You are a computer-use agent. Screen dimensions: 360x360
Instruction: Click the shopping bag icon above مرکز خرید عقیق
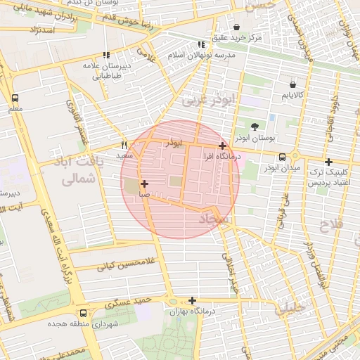pyautogui.click(x=244, y=27)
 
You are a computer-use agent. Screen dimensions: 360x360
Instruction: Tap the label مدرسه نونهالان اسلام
pyautogui.click(x=204, y=54)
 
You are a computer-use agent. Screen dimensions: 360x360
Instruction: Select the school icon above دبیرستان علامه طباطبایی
pyautogui.click(x=106, y=55)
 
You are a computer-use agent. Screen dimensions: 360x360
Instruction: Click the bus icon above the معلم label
pyautogui.click(x=15, y=99)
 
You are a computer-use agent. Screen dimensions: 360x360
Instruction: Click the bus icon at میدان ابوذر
pyautogui.click(x=281, y=157)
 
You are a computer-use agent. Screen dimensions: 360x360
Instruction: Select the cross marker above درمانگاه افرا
pyautogui.click(x=223, y=146)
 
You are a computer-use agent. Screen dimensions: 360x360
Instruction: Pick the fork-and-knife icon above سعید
pyautogui.click(x=124, y=144)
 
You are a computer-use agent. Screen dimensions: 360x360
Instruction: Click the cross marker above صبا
pyautogui.click(x=144, y=183)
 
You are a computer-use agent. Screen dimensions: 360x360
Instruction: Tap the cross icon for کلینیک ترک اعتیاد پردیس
pyautogui.click(x=328, y=162)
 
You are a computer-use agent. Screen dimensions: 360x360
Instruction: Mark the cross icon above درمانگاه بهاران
pyautogui.click(x=192, y=300)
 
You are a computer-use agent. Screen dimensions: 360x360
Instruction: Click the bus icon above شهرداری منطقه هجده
pyautogui.click(x=84, y=313)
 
